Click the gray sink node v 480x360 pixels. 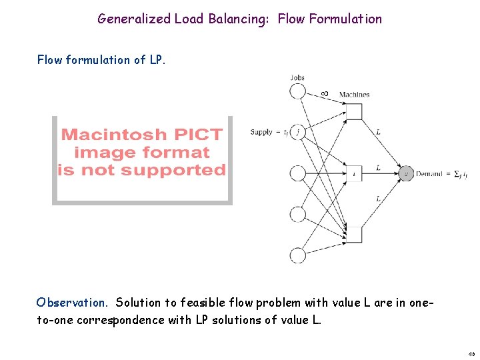click(x=407, y=174)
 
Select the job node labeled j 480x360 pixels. click(x=298, y=132)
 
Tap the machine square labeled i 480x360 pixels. click(x=354, y=174)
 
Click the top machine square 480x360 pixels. click(x=354, y=111)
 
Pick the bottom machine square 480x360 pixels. click(x=354, y=235)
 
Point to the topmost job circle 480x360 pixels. click(x=298, y=91)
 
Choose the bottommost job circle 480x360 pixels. click(x=298, y=255)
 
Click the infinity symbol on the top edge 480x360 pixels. click(x=324, y=93)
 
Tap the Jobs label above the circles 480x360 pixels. click(x=297, y=77)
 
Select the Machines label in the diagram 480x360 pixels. click(x=354, y=95)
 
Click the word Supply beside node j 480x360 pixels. click(x=261, y=132)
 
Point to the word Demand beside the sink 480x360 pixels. click(x=429, y=174)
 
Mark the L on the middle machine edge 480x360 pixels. click(x=378, y=167)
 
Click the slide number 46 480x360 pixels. click(x=471, y=354)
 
